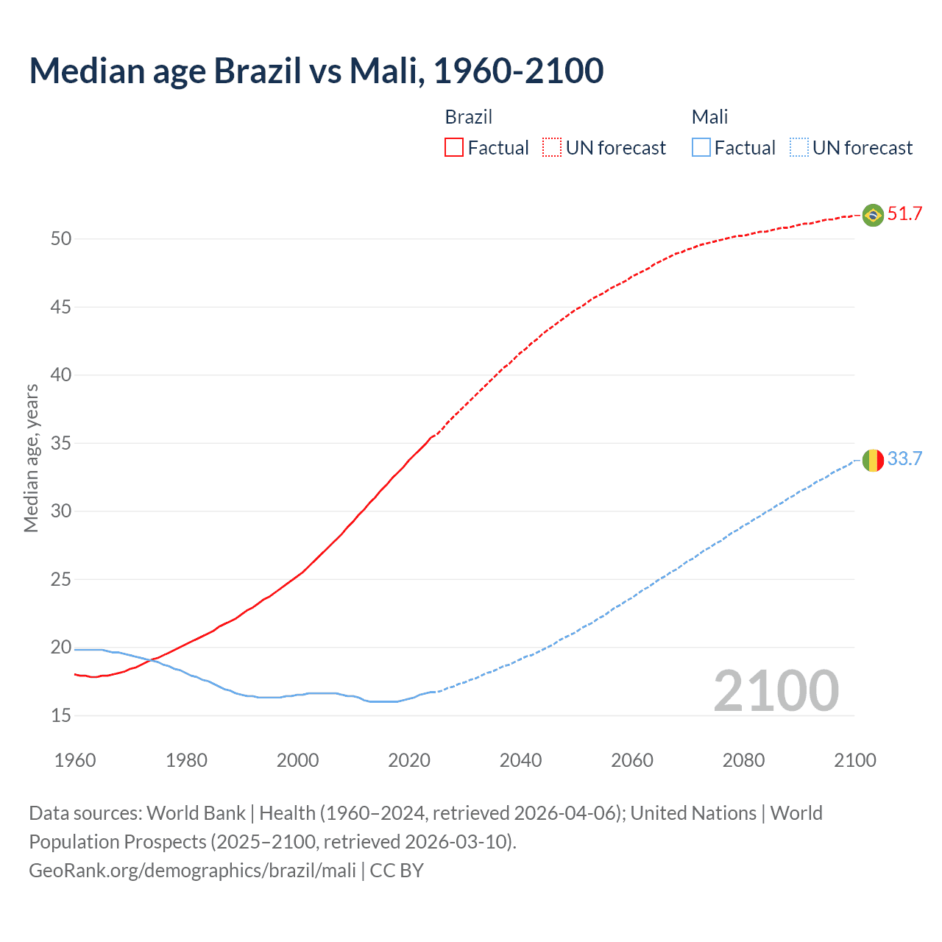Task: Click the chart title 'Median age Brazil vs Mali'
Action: pyautogui.click(x=316, y=71)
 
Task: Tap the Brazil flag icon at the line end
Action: pyautogui.click(x=873, y=215)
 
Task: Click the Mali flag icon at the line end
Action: pyautogui.click(x=873, y=460)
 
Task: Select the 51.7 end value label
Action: pyautogui.click(x=904, y=214)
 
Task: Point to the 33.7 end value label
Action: pyautogui.click(x=904, y=459)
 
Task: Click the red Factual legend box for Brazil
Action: pyautogui.click(x=454, y=147)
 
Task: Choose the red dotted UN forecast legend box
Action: pyautogui.click(x=552, y=147)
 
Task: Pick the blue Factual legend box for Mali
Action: pyautogui.click(x=701, y=147)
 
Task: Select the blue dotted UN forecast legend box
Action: pyautogui.click(x=798, y=147)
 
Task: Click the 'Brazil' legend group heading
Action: pyautogui.click(x=469, y=117)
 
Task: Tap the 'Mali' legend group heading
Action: pyautogui.click(x=709, y=117)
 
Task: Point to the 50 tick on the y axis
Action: pyautogui.click(x=61, y=238)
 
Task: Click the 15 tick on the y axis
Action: pyautogui.click(x=61, y=715)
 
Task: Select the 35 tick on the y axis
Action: pyautogui.click(x=61, y=443)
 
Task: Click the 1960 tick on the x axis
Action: pyautogui.click(x=75, y=760)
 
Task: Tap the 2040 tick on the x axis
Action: pyautogui.click(x=520, y=760)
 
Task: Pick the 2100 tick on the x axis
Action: pyautogui.click(x=855, y=760)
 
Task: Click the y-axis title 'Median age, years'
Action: pyautogui.click(x=31, y=458)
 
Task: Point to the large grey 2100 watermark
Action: pyautogui.click(x=776, y=691)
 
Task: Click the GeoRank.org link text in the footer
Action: pyautogui.click(x=192, y=871)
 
